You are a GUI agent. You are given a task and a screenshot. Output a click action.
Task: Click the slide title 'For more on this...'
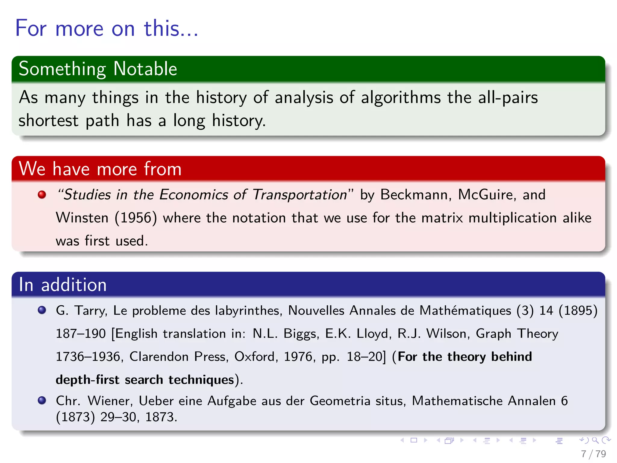(107, 28)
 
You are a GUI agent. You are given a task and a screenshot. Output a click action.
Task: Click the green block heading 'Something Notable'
(98, 69)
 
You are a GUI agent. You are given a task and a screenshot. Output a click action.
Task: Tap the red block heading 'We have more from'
(100, 169)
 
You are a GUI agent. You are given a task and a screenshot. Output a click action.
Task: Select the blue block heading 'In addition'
(63, 285)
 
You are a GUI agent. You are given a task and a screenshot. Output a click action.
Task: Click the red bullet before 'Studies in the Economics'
(42, 195)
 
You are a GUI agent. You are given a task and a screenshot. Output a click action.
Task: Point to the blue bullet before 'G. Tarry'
(42, 310)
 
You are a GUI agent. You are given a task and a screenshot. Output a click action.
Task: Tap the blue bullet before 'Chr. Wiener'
(42, 400)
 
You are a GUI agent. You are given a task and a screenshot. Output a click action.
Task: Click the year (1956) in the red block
(136, 218)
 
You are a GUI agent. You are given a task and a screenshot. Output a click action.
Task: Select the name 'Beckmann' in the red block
(416, 195)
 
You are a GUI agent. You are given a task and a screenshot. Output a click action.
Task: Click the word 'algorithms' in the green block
(401, 98)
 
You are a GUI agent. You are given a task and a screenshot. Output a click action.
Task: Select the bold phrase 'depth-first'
(87, 380)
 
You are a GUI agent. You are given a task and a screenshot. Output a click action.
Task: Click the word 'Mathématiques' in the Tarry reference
(465, 310)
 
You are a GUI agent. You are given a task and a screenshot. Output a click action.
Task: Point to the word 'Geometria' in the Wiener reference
(340, 401)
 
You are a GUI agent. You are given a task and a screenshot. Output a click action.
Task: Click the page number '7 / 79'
(593, 454)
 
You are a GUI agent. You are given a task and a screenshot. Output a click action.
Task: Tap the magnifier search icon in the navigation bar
(595, 440)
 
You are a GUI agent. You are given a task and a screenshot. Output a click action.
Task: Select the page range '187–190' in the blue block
(81, 334)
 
